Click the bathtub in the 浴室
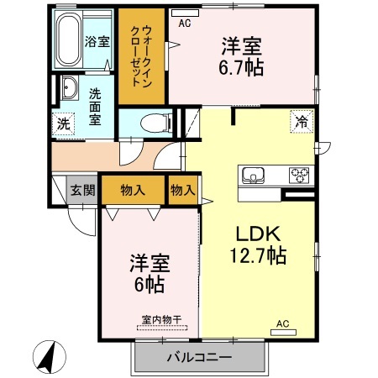[69, 39]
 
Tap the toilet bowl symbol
[155, 123]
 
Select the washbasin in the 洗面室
[69, 88]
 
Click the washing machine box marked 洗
[64, 123]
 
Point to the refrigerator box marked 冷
[302, 122]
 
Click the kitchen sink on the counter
[254, 176]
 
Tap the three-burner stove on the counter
[299, 176]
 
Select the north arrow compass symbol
[50, 357]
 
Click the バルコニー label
[199, 357]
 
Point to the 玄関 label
[82, 191]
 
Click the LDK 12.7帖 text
[258, 245]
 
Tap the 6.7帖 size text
[241, 67]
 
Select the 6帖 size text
[149, 285]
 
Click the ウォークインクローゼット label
[141, 56]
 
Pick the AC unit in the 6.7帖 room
[185, 13]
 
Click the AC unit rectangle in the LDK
[283, 333]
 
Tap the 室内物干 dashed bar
[162, 328]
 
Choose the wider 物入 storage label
[133, 191]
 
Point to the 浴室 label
[97, 42]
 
